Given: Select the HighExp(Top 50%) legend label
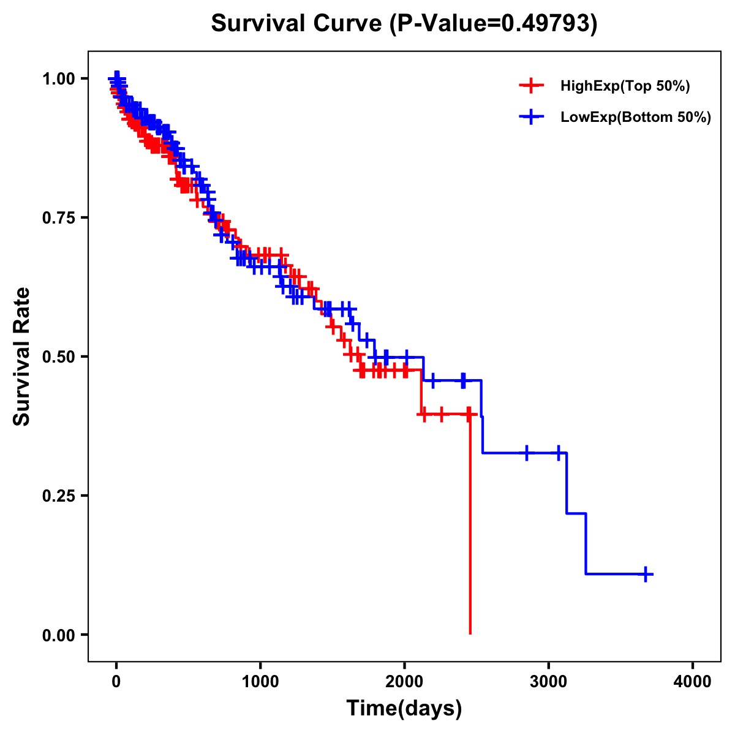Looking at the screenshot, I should point(625,86).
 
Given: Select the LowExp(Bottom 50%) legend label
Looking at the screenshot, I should point(636,118).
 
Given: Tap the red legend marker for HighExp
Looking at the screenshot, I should point(531,86).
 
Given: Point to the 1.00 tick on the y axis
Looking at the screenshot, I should point(58,78).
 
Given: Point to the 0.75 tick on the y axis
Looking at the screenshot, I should point(58,217).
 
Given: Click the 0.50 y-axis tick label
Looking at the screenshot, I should point(58,356).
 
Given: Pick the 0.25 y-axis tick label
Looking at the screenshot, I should point(58,496).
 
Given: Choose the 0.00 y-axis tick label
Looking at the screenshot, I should point(58,635).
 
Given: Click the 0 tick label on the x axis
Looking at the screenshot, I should point(116,682).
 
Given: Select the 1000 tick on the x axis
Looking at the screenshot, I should point(260,682).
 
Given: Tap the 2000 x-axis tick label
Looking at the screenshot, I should point(404,682).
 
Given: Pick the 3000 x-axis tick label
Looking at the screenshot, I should point(549,682).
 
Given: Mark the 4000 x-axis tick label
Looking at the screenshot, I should point(693,682).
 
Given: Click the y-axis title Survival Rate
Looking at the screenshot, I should point(22,356).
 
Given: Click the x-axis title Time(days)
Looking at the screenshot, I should point(404,709).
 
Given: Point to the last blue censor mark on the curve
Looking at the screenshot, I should point(646,574).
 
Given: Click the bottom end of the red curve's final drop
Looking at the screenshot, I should point(470,633).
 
